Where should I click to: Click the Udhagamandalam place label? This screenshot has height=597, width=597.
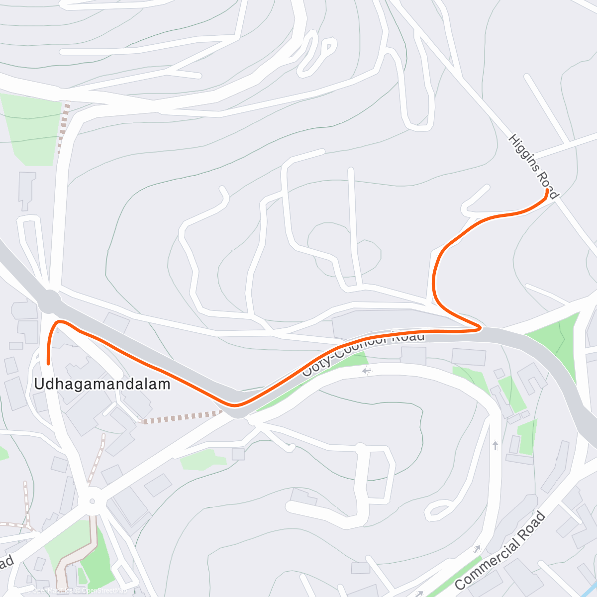pos(102,384)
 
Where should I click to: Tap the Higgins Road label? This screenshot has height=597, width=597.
pos(533,166)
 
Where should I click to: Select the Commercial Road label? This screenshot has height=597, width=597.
pos(500,551)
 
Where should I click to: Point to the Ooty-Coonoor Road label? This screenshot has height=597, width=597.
pos(365,354)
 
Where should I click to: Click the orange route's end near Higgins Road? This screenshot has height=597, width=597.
pos(547,191)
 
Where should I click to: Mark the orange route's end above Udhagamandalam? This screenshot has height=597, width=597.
pos(48,364)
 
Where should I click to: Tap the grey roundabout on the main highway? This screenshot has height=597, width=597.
pos(48,301)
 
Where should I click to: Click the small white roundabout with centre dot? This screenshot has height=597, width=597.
pos(91,501)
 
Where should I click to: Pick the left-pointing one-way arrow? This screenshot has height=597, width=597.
pos(367,371)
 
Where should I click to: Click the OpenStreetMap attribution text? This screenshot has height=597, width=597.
pos(104,591)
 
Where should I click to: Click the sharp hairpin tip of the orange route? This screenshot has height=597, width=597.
pos(479,327)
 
